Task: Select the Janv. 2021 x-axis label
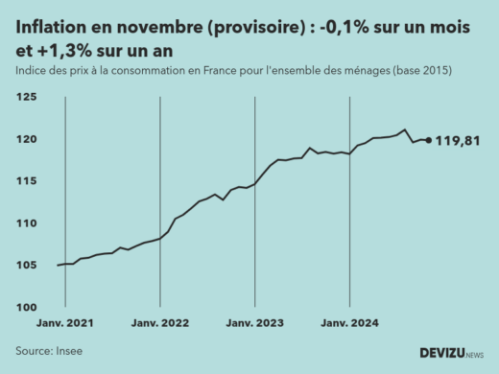[65, 324]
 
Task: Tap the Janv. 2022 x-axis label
[160, 324]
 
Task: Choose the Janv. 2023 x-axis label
[254, 324]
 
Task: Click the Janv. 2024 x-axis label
[349, 324]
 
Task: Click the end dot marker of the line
[428, 140]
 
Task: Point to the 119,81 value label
[458, 141]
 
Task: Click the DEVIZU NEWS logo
[452, 353]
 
